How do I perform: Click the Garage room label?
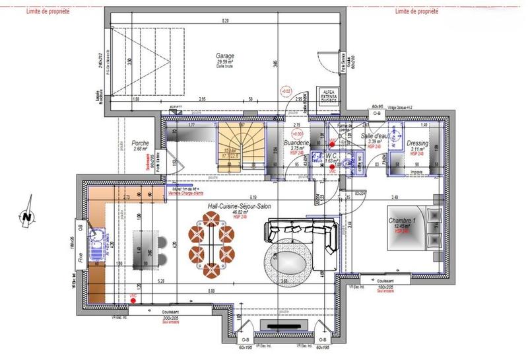224,56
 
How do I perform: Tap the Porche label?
140,143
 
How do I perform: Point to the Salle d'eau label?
376,135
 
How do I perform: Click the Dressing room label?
417,143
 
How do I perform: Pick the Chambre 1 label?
402,220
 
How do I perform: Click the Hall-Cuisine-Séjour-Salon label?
239,206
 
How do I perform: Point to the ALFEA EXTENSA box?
328,94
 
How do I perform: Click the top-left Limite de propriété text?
48,11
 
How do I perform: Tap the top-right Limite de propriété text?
416,11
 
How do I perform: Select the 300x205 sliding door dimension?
170,318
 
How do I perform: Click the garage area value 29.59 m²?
226,63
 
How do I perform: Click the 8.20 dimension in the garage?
224,21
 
